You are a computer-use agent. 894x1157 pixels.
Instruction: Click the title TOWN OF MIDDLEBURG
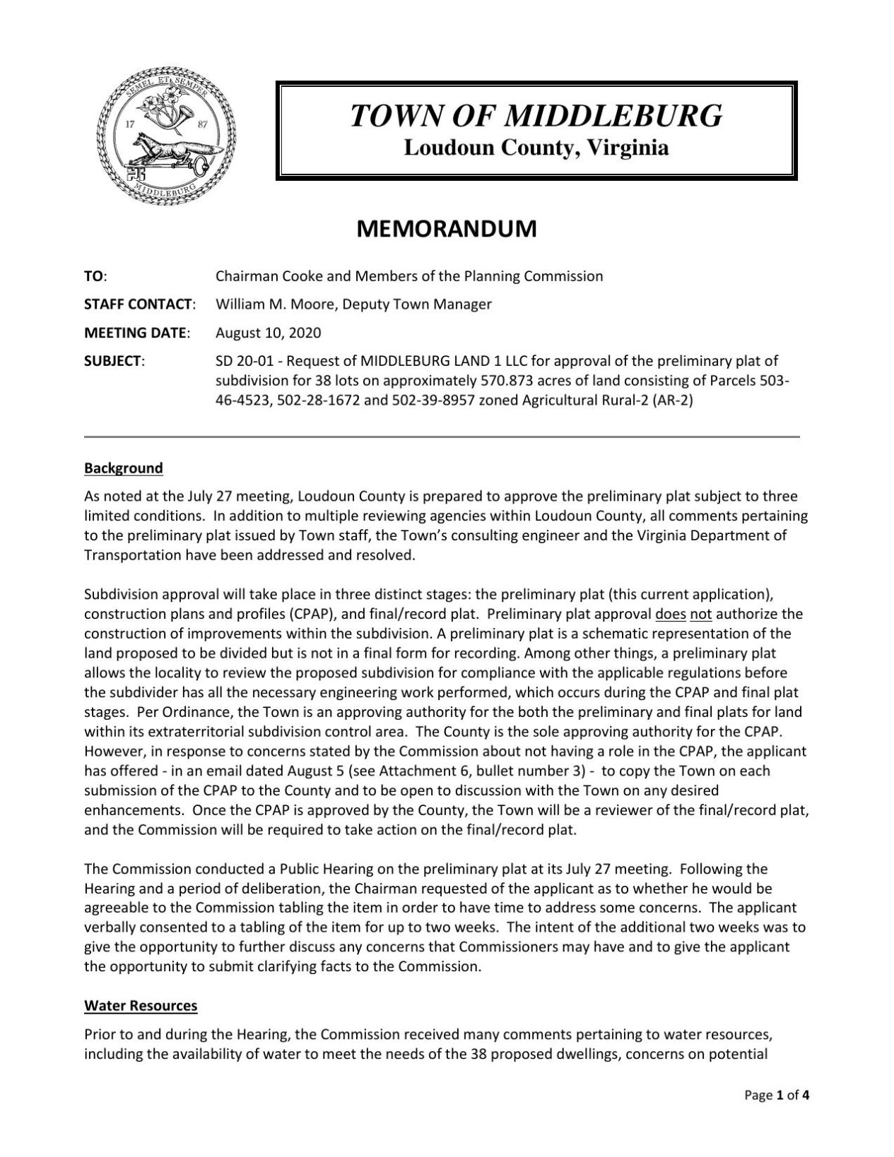[x=536, y=115]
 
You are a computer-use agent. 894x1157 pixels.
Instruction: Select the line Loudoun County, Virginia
[x=536, y=148]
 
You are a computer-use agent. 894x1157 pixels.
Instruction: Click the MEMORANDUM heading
[x=446, y=229]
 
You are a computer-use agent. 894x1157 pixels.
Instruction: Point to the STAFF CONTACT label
[x=139, y=304]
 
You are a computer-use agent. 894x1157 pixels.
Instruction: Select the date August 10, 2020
[x=268, y=333]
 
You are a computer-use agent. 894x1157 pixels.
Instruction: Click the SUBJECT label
[x=114, y=361]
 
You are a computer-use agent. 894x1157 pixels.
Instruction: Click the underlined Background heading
[x=123, y=468]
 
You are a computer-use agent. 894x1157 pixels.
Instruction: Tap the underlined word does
[x=671, y=614]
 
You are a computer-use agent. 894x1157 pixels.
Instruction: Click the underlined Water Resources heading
[x=141, y=1005]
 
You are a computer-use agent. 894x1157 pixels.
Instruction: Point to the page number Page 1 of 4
[x=776, y=1116]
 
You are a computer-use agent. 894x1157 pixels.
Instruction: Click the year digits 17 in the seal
[x=129, y=124]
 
